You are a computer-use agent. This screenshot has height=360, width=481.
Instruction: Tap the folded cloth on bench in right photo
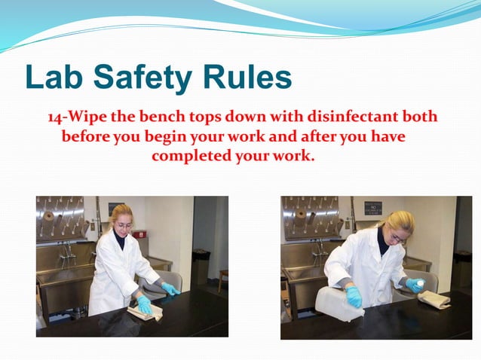click(x=434, y=300)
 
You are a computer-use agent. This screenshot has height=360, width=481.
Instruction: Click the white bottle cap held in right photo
click(x=420, y=283)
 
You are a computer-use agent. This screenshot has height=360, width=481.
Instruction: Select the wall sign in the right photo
click(x=373, y=207)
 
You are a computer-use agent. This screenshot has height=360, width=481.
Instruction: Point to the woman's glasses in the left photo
click(x=124, y=224)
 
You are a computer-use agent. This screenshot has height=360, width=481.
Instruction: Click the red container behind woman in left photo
click(x=140, y=234)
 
